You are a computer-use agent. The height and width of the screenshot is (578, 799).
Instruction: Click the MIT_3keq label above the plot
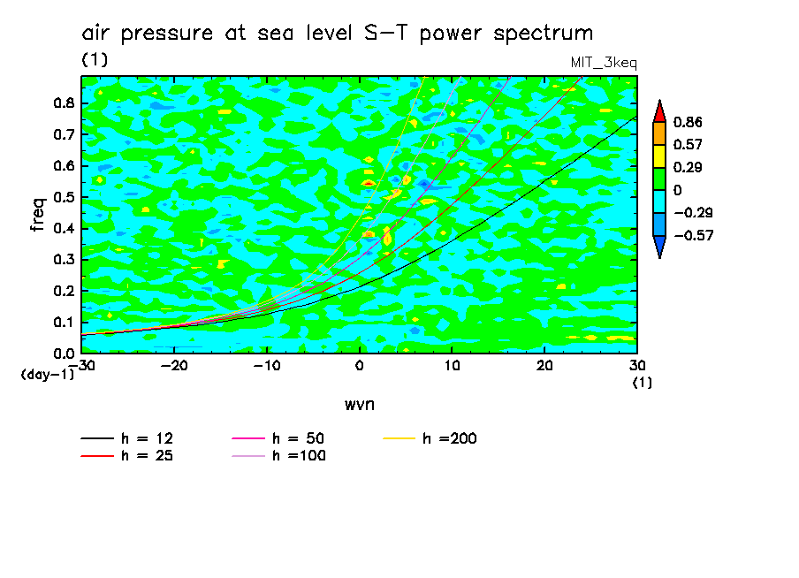pos(605,62)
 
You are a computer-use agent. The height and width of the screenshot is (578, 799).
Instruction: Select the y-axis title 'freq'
pos(37,215)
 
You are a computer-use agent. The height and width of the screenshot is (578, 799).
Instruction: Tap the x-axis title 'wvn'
pos(359,404)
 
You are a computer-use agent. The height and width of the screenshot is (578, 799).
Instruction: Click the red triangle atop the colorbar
pos(659,110)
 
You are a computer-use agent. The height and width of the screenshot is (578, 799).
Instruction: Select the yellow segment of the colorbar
pos(659,156)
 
